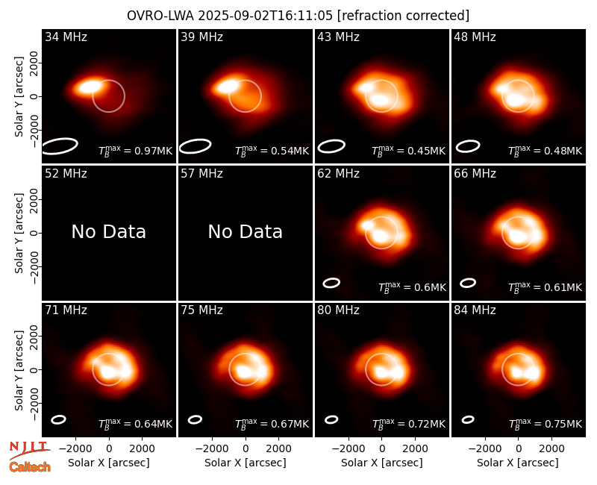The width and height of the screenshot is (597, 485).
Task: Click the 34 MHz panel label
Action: point(66,37)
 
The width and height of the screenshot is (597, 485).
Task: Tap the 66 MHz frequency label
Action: point(475,174)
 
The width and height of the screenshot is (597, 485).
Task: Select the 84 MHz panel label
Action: point(475,310)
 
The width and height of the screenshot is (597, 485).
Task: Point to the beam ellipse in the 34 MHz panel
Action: point(60,146)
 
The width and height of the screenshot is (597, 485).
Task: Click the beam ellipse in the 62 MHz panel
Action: point(331,283)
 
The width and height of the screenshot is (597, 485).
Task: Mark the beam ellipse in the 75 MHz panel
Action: point(195,419)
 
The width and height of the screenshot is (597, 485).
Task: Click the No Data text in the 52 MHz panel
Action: point(109,231)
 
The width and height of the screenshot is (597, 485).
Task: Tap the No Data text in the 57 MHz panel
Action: point(246,231)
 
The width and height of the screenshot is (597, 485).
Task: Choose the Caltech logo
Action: point(30,467)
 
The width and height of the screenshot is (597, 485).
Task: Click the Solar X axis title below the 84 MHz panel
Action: point(518,463)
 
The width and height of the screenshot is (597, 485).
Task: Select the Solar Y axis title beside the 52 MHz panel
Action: point(19,233)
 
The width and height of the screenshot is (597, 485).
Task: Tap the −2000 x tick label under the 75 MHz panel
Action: point(210,449)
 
